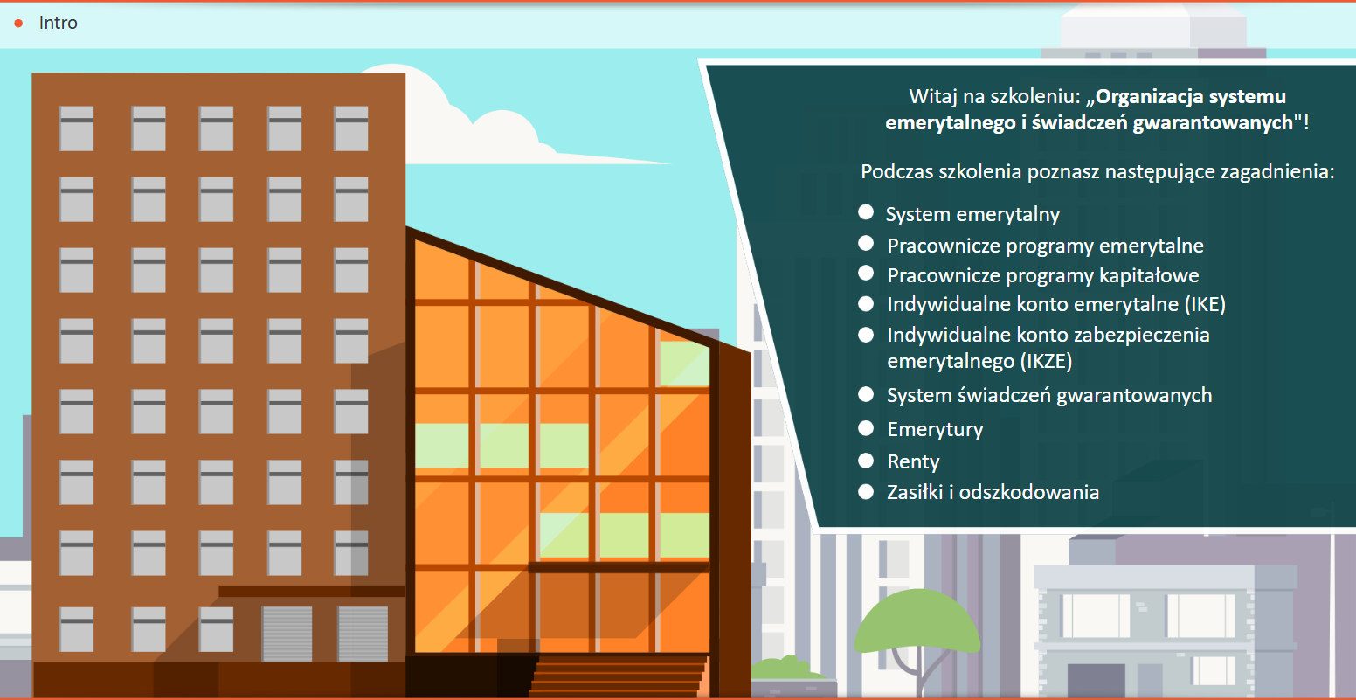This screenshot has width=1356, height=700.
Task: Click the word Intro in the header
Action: (59, 23)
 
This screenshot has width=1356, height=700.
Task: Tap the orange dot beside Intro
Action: (18, 24)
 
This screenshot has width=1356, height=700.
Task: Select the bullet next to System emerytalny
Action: (866, 212)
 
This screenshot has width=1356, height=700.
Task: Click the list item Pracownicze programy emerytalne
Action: (1045, 246)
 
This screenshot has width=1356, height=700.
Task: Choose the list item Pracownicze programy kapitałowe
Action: (1042, 275)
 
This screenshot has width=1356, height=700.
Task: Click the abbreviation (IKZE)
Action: (1046, 362)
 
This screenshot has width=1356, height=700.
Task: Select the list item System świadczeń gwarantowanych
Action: (1049, 395)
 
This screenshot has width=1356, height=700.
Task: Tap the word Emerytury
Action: (935, 429)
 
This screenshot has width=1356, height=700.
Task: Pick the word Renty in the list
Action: (913, 462)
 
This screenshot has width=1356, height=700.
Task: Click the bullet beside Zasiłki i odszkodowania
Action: (866, 492)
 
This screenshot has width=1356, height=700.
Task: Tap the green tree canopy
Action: (917, 620)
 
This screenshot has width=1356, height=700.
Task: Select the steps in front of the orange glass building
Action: (618, 676)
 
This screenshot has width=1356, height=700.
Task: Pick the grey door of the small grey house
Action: (1096, 682)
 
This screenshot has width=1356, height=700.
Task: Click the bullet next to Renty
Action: (866, 461)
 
